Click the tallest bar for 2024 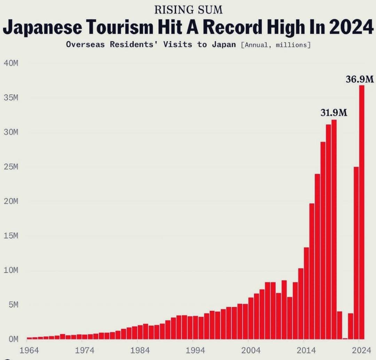(x=362, y=212)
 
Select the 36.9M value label (x=360, y=80)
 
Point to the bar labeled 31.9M (x=334, y=230)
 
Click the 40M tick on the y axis (x=11, y=63)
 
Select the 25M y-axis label (x=11, y=167)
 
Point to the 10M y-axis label (x=11, y=270)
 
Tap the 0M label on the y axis (x=11, y=339)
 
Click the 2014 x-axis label (x=306, y=350)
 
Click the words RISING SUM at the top (x=188, y=10)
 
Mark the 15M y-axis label (x=11, y=236)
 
